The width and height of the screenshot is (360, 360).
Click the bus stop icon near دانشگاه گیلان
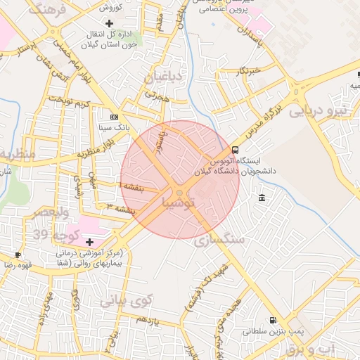[235, 150]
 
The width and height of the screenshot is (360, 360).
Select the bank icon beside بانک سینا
[114, 117]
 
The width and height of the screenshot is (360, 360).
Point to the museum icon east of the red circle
[262, 196]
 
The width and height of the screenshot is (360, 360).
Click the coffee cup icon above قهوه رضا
[18, 255]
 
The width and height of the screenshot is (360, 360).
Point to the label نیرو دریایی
[320, 110]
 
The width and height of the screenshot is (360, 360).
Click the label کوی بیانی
[126, 302]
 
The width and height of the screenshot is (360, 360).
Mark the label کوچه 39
[49, 233]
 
